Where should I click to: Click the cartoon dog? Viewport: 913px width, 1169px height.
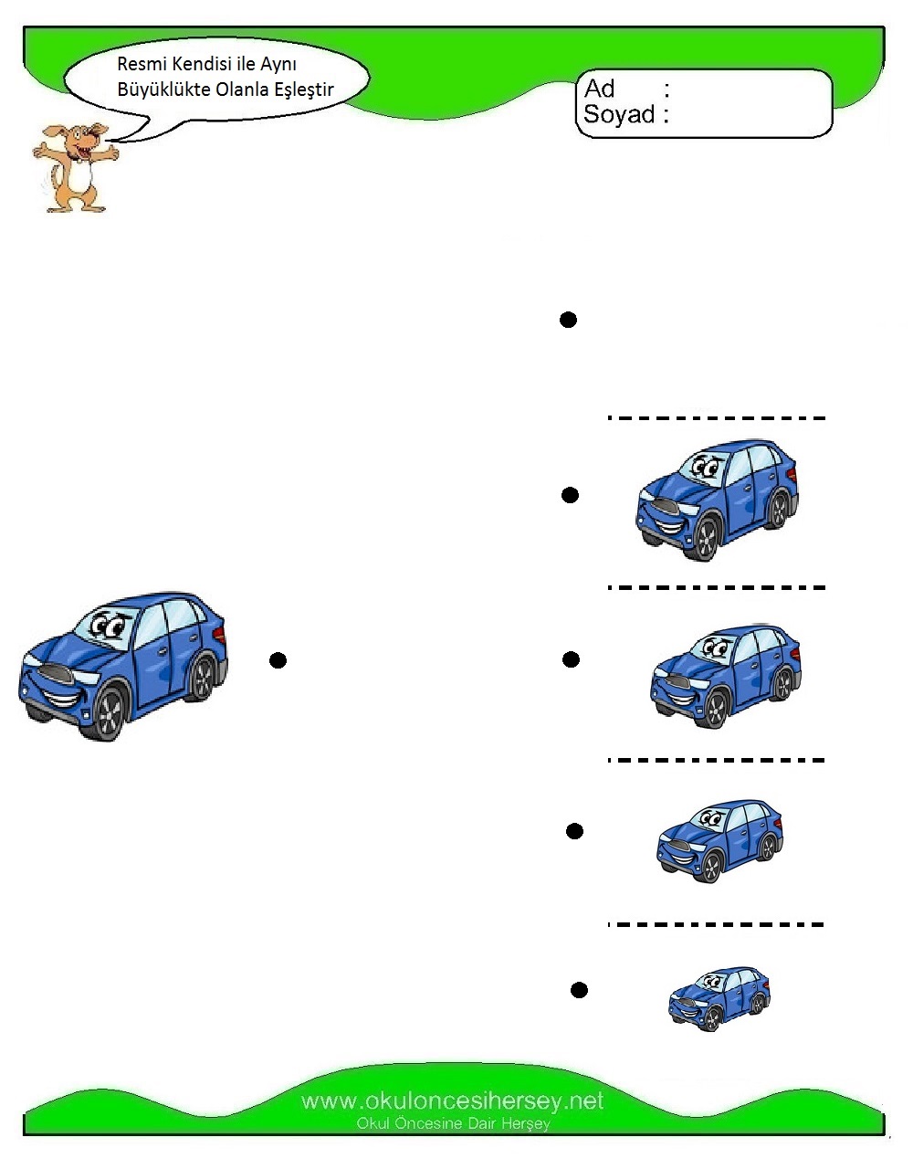click(x=75, y=168)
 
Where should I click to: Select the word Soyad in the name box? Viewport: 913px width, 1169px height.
click(x=619, y=114)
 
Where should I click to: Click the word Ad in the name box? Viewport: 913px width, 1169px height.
click(x=599, y=89)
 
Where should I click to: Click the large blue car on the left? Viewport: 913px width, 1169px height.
click(x=123, y=666)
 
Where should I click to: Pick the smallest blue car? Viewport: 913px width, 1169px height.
click(x=719, y=999)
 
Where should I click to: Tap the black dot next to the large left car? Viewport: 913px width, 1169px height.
click(x=278, y=660)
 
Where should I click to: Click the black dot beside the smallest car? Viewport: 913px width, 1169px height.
click(x=579, y=990)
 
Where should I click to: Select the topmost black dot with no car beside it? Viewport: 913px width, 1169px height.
click(x=568, y=320)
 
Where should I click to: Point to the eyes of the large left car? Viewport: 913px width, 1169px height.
click(x=108, y=627)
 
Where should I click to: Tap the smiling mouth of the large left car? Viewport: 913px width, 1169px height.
click(x=61, y=698)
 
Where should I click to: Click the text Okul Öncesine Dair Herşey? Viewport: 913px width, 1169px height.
click(x=453, y=1123)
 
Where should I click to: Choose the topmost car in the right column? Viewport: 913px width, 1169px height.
click(x=717, y=500)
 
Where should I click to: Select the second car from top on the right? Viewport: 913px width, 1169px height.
click(x=726, y=677)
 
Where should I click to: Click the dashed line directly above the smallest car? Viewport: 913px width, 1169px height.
click(x=716, y=925)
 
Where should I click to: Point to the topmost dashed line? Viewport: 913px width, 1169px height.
click(x=716, y=418)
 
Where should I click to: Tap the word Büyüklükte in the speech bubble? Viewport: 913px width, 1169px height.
click(x=163, y=90)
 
